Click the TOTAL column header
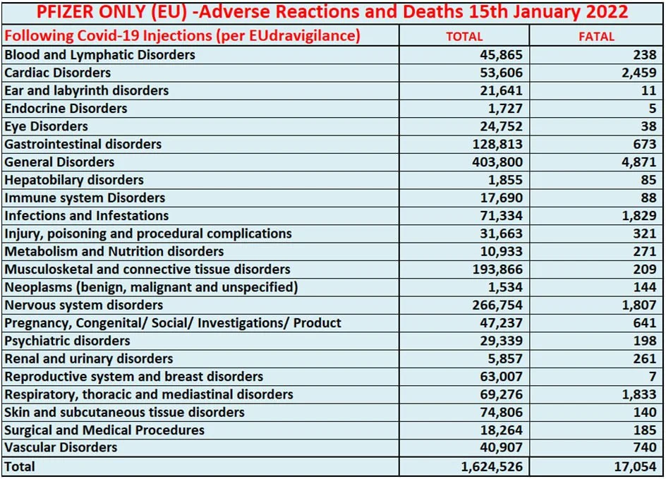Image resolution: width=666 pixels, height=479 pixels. click(x=464, y=36)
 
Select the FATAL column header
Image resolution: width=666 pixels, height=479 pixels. click(x=596, y=36)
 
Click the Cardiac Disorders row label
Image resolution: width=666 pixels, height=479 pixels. click(x=58, y=73)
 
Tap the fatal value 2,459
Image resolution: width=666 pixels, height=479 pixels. click(x=638, y=73)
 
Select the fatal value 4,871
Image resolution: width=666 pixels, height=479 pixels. click(x=639, y=162)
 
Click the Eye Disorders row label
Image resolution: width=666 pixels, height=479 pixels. click(x=47, y=126)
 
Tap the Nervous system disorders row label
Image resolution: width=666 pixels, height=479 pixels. click(x=84, y=305)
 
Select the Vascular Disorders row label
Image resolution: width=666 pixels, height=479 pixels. click(x=61, y=448)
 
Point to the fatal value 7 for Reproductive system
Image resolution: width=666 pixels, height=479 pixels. click(x=653, y=377)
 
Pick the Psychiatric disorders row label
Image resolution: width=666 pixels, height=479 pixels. click(x=68, y=341)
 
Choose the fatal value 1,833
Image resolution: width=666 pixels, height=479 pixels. click(x=639, y=394)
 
